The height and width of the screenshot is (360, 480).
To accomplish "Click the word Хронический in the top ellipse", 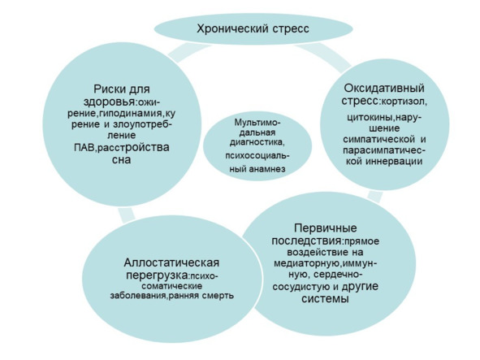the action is click(x=232, y=29).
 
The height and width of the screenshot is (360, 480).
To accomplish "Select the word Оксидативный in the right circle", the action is click(x=384, y=89).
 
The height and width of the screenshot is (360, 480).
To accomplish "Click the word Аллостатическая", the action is click(x=171, y=262).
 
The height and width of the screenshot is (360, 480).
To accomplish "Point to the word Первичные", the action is click(x=326, y=228).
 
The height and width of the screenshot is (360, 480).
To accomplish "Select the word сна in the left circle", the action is click(x=122, y=159).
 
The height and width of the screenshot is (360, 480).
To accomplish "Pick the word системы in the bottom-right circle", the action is click(x=325, y=298).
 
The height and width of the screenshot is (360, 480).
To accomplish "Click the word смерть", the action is click(x=218, y=296).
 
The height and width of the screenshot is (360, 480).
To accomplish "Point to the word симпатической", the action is click(x=378, y=140).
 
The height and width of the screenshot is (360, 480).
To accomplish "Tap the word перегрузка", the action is click(x=157, y=275).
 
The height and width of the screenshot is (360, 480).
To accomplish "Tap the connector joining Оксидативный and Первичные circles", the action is click(x=375, y=196).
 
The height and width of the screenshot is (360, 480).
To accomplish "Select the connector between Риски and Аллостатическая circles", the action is click(x=126, y=215).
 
